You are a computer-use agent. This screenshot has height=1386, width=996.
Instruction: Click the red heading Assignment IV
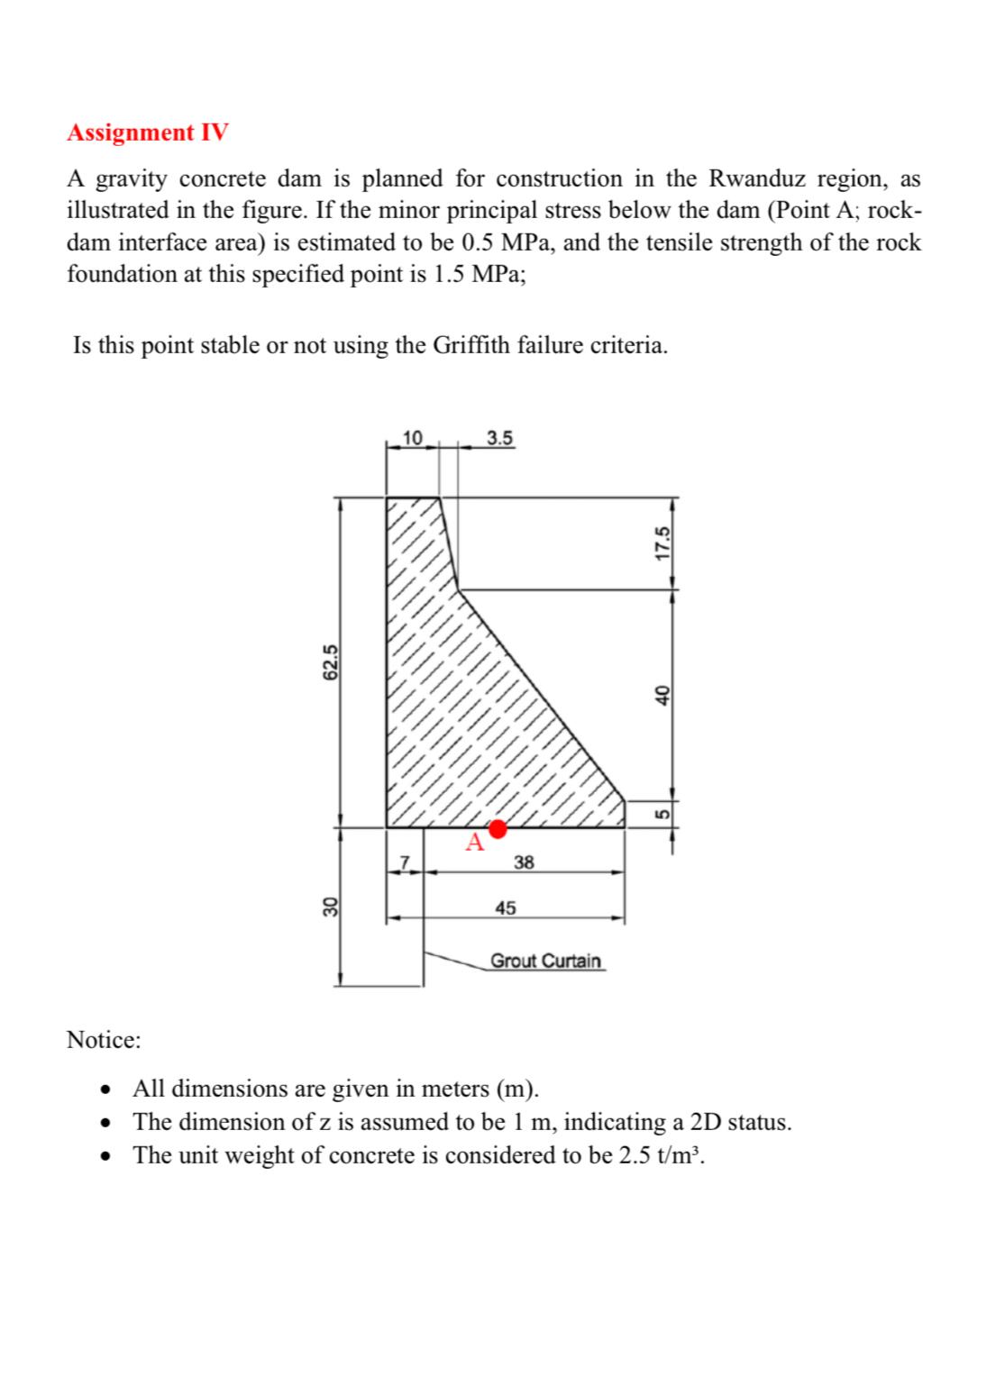[148, 132]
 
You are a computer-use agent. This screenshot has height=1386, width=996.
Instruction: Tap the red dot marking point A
[497, 828]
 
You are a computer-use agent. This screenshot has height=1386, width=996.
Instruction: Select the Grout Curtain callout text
[545, 961]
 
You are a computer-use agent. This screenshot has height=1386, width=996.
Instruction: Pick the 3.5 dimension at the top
[499, 439]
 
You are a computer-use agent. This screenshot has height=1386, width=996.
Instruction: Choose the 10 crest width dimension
[412, 439]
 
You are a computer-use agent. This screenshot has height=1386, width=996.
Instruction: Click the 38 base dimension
[524, 862]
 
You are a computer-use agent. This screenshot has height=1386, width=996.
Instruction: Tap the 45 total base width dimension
[506, 908]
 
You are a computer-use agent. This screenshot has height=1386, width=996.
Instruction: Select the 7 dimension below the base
[405, 862]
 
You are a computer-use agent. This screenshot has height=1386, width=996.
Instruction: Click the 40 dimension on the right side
[664, 694]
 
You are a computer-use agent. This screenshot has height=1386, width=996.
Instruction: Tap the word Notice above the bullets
[104, 1040]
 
